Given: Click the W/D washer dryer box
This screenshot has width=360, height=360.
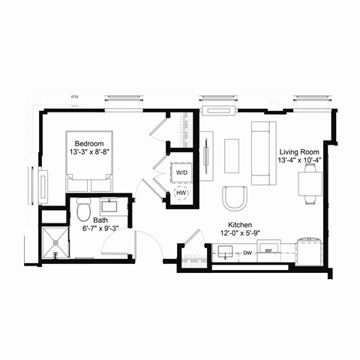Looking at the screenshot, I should point(182,173).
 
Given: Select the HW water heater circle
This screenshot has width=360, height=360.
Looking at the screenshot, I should point(181,193).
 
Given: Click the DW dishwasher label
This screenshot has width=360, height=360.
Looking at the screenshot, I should point(247,253).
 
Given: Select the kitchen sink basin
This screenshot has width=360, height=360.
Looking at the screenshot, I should point(223,253).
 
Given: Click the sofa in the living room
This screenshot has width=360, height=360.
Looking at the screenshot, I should point(262,152).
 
